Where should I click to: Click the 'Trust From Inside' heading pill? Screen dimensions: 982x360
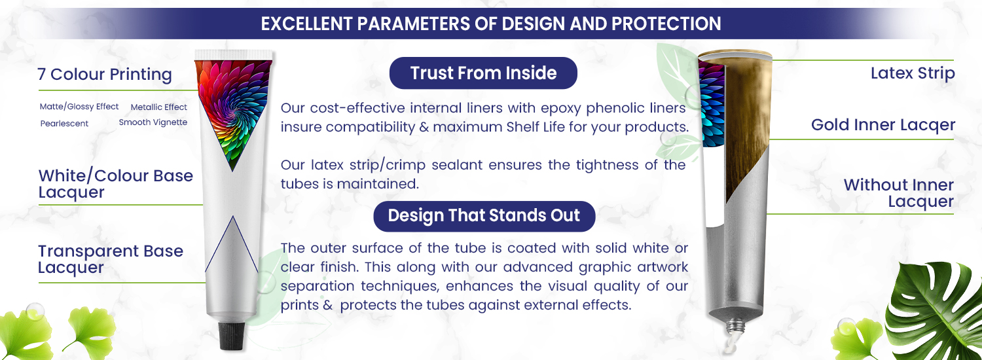pos(483,73)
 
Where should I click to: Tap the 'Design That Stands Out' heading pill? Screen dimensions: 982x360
pos(484,216)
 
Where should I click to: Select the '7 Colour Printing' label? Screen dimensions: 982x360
pos(105,74)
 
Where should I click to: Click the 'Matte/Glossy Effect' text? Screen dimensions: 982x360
pos(79,107)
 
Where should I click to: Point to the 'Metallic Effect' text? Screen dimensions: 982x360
pos(158,107)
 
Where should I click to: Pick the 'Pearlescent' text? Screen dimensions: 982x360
pos(64,124)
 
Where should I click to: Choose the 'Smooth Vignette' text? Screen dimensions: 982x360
pos(153,122)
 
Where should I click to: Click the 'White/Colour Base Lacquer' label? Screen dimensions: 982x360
pos(116,184)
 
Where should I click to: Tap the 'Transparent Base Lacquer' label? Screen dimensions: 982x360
pos(111,259)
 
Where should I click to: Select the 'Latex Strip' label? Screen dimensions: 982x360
pos(913,73)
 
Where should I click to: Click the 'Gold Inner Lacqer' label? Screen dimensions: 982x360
pos(883,125)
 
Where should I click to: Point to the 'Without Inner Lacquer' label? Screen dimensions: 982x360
pos(899,193)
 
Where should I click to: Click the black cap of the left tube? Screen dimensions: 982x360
pos(232,336)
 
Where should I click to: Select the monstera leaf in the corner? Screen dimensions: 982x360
pos(934,312)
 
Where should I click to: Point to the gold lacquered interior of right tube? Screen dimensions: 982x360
pos(748,127)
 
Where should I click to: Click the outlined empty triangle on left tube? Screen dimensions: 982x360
pos(232,244)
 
